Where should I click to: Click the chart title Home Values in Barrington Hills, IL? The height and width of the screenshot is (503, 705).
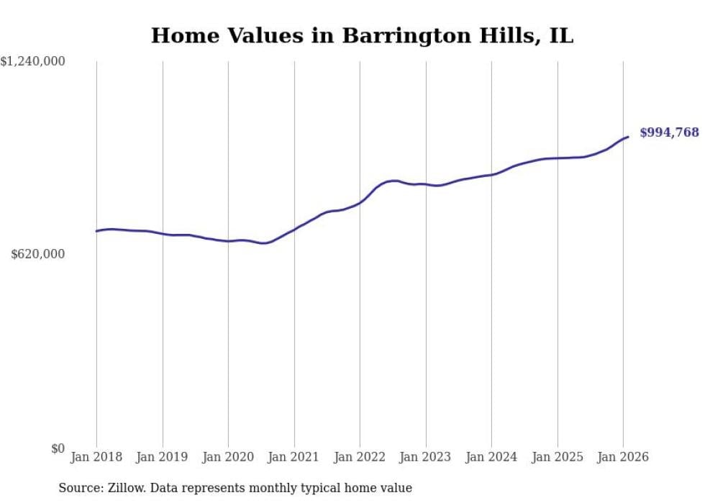click(x=362, y=35)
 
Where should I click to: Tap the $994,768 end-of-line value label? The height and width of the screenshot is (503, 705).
click(x=669, y=132)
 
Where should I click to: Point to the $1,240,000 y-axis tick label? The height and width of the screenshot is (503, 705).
click(x=33, y=62)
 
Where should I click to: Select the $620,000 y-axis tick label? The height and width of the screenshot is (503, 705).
click(x=38, y=254)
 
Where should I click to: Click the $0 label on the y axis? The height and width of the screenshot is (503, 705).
click(x=58, y=448)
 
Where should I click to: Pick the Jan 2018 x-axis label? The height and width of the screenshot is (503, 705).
click(x=96, y=457)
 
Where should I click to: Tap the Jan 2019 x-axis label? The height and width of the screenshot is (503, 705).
click(x=162, y=457)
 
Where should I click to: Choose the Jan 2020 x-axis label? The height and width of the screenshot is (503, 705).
click(x=228, y=457)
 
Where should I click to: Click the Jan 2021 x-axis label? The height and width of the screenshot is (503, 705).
click(x=294, y=457)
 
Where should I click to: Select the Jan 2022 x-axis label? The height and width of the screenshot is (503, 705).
click(x=360, y=457)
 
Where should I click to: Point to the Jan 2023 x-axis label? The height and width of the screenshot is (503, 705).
click(x=425, y=457)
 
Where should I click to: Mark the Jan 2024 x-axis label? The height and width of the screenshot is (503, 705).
click(x=491, y=457)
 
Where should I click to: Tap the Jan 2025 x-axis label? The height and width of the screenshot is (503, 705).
click(x=557, y=457)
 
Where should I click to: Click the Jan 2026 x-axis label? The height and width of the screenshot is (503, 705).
click(x=623, y=457)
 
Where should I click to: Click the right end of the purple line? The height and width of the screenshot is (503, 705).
click(x=628, y=137)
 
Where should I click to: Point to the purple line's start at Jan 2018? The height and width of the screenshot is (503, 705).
click(x=96, y=231)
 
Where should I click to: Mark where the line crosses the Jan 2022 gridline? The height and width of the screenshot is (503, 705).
click(x=360, y=203)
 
